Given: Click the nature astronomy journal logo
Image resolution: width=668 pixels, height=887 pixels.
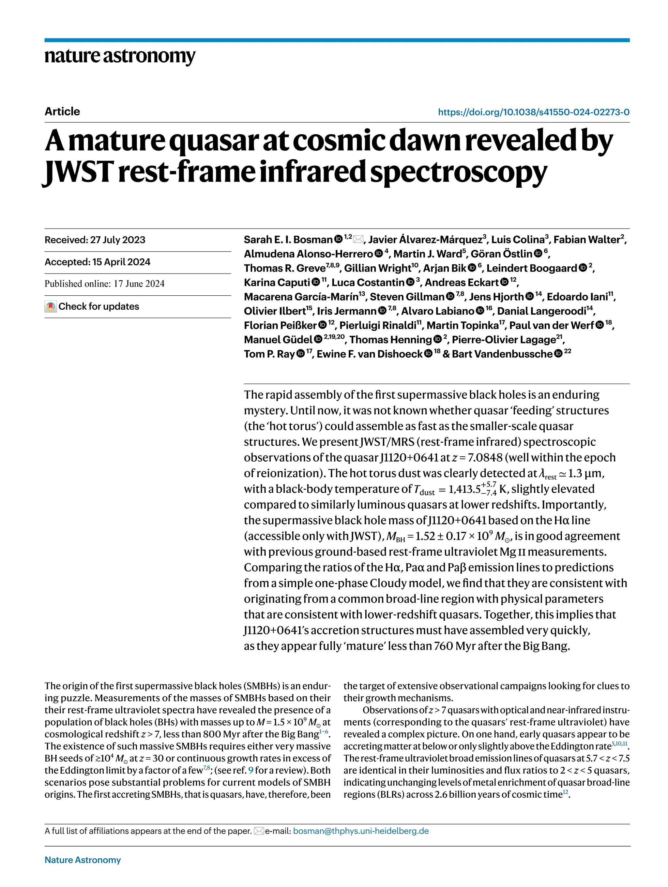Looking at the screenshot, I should click(120, 56).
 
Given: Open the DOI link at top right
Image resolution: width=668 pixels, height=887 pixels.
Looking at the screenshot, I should click(533, 112).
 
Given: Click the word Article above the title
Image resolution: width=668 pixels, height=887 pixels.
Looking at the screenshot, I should click(62, 111).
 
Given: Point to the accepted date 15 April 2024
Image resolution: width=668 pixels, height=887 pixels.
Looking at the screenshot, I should click(121, 262).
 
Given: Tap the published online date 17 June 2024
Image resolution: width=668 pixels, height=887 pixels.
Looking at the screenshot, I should click(139, 284).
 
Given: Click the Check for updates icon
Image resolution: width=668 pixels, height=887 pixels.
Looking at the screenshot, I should click(51, 307).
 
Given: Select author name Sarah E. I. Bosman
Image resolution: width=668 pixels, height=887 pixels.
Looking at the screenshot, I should click(288, 240).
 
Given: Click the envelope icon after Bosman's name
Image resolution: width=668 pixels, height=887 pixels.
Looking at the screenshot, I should click(358, 239).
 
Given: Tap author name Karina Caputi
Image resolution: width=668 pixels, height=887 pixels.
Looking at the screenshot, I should click(277, 283).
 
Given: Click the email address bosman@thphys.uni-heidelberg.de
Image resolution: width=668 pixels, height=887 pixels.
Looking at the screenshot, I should click(361, 831).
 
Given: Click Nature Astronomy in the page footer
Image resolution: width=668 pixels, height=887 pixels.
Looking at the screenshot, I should click(83, 860).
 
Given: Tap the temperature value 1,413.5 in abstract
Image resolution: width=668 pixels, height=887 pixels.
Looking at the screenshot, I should click(464, 489).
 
